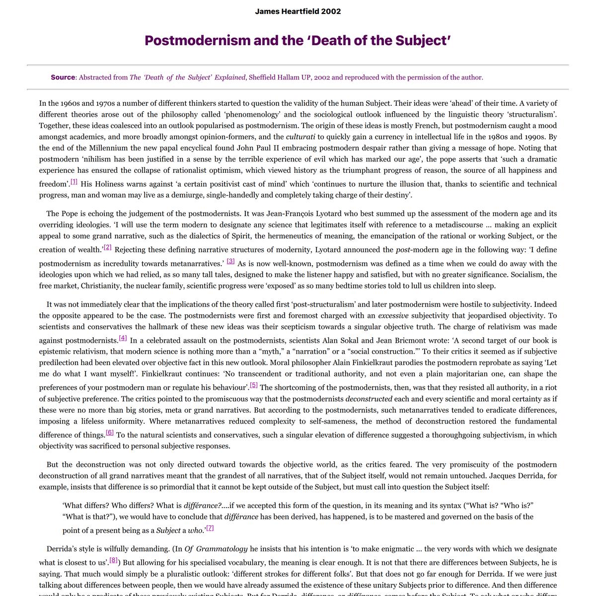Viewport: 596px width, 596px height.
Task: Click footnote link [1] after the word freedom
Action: (x=74, y=182)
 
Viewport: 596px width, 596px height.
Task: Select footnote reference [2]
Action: (x=107, y=247)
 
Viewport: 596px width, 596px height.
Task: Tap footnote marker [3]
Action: (x=230, y=261)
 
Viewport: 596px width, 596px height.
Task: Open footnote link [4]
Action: (x=123, y=338)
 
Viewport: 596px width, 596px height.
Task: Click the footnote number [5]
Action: (x=253, y=385)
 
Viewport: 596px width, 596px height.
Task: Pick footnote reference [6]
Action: (x=110, y=433)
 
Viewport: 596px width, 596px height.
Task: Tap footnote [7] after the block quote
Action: (x=210, y=528)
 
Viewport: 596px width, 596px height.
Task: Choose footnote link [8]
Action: (x=113, y=560)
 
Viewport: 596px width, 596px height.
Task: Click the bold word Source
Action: (x=63, y=77)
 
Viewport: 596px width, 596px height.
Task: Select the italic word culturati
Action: (x=300, y=137)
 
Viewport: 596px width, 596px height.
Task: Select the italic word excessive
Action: (x=393, y=315)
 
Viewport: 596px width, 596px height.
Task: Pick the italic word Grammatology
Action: (x=222, y=549)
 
